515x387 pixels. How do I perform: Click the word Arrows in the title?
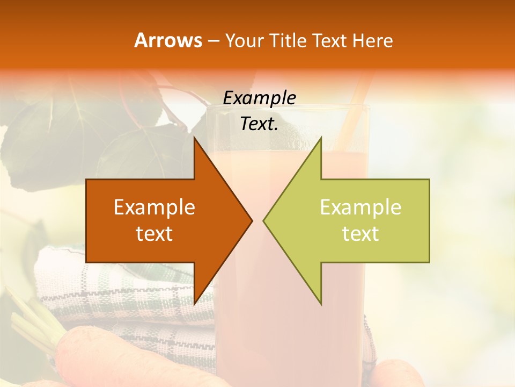168,40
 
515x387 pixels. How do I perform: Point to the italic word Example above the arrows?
259,98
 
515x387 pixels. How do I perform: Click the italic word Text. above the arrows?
259,124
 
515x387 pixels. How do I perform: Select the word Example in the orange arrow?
154,207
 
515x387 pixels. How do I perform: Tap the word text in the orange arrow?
154,234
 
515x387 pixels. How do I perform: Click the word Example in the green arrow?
360,207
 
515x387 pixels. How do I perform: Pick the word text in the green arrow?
360,234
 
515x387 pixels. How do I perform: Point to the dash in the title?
212,41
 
